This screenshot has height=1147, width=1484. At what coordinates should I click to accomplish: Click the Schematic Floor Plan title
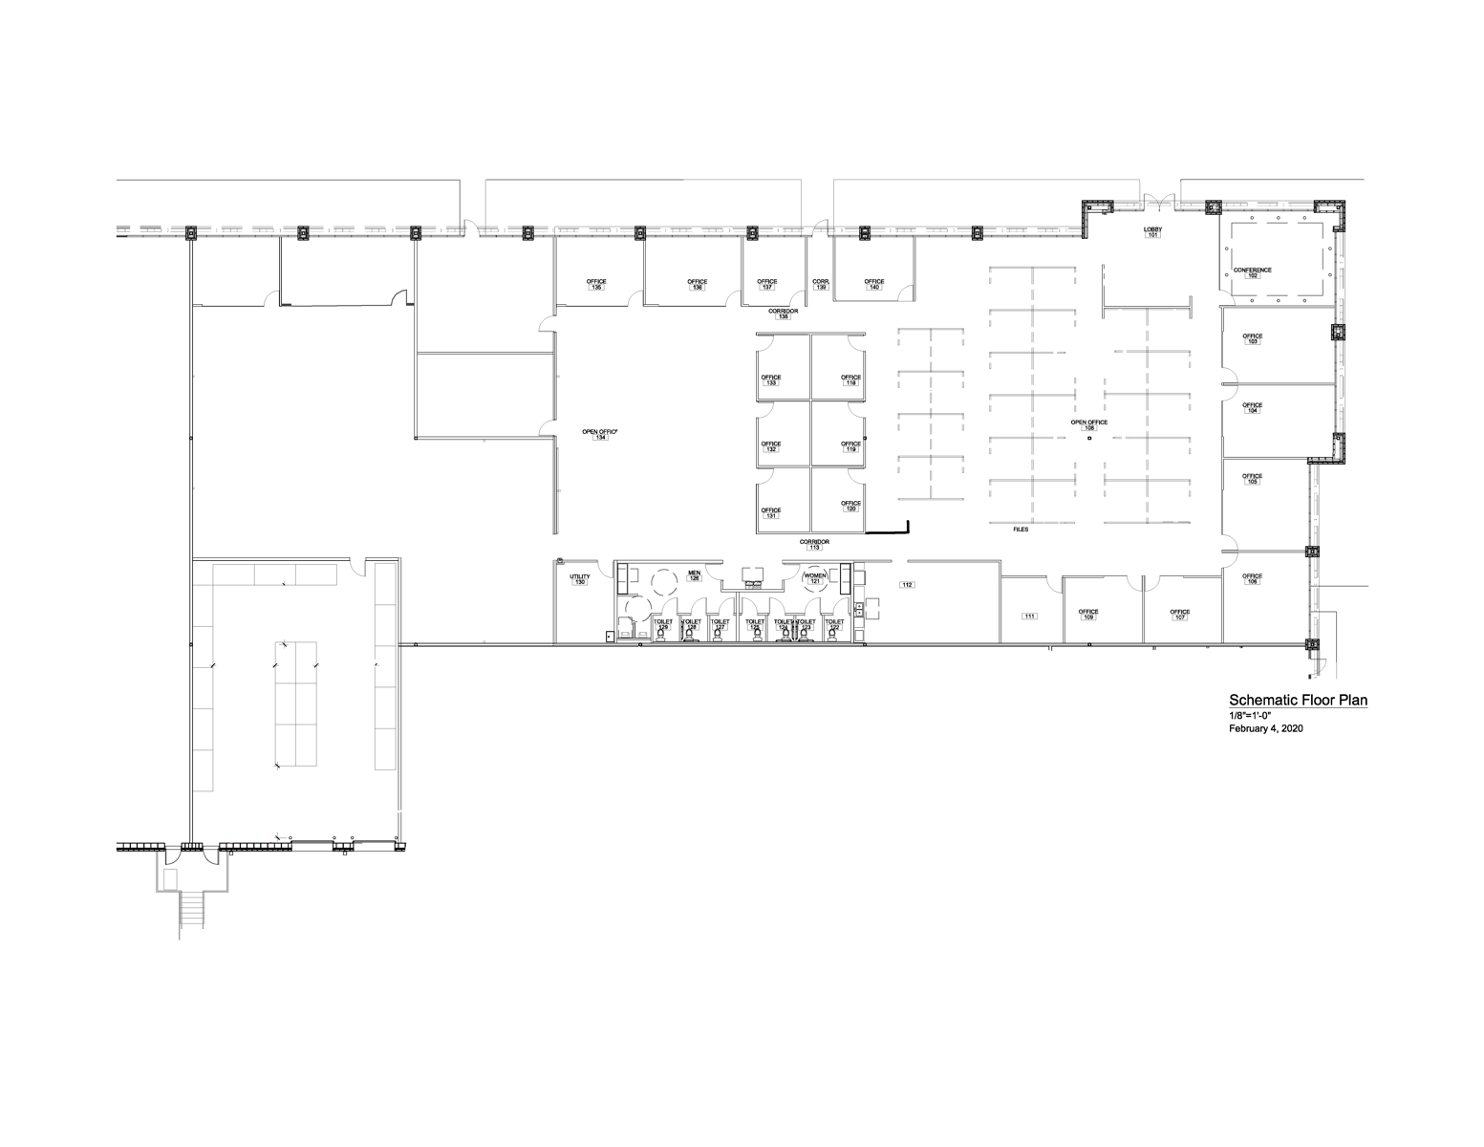(1298, 701)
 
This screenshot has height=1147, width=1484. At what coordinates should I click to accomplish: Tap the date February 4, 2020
(1265, 728)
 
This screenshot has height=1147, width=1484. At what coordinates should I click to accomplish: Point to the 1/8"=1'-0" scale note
(1250, 716)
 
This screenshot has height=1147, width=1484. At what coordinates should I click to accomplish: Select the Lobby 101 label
(1152, 232)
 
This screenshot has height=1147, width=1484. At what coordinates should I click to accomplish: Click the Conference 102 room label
(1252, 272)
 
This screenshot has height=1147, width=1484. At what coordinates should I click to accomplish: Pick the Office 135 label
(597, 284)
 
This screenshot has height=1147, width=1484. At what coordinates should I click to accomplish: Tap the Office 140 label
(874, 284)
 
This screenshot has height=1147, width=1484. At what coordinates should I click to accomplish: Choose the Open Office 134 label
(600, 434)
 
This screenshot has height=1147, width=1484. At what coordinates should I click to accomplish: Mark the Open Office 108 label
(1088, 424)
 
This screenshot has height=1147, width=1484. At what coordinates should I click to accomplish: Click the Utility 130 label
(579, 579)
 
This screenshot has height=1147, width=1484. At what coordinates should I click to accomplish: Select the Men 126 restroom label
(695, 576)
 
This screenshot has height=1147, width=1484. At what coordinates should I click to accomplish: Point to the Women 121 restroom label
(815, 578)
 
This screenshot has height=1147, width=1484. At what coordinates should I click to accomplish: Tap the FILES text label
(1021, 529)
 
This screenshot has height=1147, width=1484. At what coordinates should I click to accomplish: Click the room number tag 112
(908, 584)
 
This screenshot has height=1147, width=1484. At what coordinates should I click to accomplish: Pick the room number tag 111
(1029, 617)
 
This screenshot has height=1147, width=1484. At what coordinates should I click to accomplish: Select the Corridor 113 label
(814, 545)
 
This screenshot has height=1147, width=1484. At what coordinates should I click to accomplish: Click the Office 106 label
(1252, 578)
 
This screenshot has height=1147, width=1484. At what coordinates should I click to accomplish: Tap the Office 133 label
(770, 379)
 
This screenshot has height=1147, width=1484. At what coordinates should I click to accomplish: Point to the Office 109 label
(1087, 615)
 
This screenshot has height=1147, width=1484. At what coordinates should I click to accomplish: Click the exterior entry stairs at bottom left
(191, 908)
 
